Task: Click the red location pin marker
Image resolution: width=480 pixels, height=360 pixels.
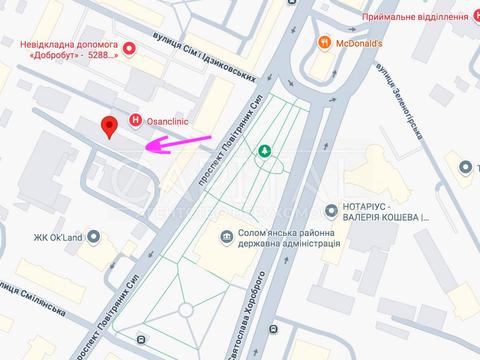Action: [x=110, y=127]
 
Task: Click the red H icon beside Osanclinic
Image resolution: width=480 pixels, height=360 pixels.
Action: [x=136, y=121]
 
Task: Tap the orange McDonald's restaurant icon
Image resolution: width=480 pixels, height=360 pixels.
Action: [x=324, y=42]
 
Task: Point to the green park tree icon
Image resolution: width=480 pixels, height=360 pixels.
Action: [x=265, y=151]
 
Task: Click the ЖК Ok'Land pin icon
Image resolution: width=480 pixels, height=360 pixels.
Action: [x=94, y=237]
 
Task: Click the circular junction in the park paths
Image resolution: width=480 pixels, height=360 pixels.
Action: [x=265, y=159]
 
